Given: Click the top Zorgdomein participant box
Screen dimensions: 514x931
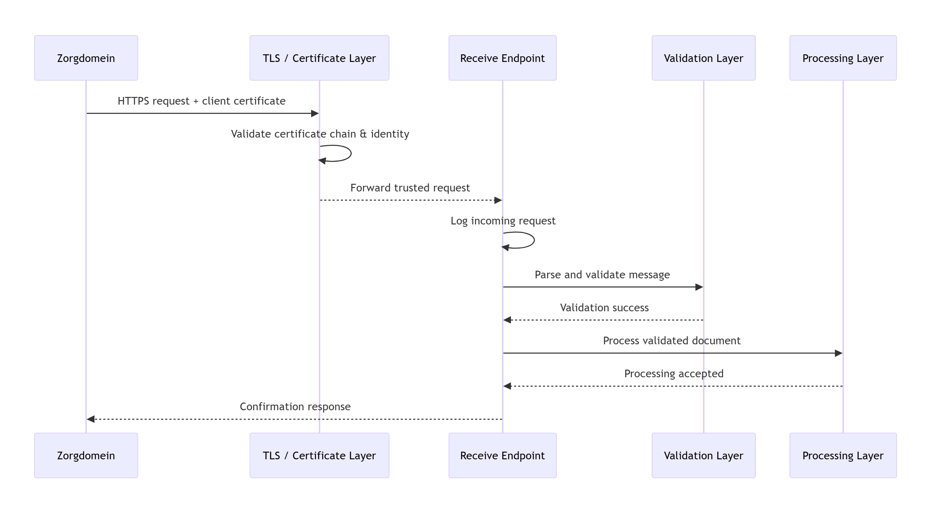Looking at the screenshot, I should pos(86,58).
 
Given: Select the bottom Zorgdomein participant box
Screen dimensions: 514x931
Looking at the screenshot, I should pos(86,455).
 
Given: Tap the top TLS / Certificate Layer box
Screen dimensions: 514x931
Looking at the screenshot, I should pos(319,58).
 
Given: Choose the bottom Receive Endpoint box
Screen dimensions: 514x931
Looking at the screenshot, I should pos(502,455).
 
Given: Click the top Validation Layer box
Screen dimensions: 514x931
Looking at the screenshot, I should pos(703,58).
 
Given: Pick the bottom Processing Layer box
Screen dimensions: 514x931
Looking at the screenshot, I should pos(843,455).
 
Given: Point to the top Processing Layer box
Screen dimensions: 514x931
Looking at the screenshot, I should pos(843,58).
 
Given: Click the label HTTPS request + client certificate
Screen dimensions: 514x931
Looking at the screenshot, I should pos(201,101).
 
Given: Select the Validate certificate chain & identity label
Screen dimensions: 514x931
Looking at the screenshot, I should pos(320,134).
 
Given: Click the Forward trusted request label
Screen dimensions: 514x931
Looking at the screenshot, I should pos(410,188).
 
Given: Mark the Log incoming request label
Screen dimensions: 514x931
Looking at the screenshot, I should pos(503,221).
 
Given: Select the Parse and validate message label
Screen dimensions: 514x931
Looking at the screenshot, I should pos(602,275).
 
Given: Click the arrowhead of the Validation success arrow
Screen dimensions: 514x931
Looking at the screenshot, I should pos(507,320).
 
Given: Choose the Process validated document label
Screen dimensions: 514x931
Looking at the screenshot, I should pos(672,341).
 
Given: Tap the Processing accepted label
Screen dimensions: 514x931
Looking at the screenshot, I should pos(674,374).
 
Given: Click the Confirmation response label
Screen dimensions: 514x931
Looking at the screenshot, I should pos(295,407).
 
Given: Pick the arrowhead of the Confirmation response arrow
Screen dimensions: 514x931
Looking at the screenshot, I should pos(91,419).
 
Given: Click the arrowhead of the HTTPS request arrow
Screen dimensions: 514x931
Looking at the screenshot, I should pos(315,113).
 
